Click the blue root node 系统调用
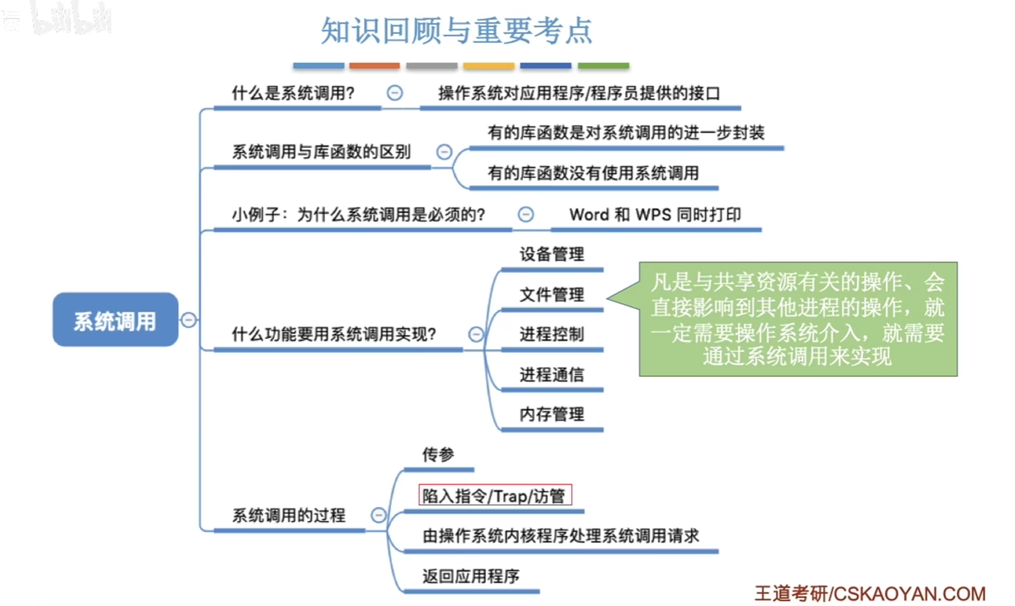[115, 320]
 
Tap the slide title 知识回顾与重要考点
[457, 30]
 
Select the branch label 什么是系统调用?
[293, 93]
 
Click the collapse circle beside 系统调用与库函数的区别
[444, 151]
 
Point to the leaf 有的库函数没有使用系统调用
[593, 173]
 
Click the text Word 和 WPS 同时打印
[655, 214]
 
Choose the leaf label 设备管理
[552, 254]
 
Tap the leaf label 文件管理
[552, 294]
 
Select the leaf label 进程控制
[552, 334]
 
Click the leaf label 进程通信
[552, 375]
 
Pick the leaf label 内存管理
[552, 414]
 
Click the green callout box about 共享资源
[798, 319]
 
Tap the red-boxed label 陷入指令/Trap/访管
[495, 495]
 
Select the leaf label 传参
[438, 454]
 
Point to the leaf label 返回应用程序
[471, 576]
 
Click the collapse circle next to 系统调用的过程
[378, 515]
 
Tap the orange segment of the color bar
[375, 66]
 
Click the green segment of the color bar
[603, 66]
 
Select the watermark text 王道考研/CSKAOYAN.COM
[870, 594]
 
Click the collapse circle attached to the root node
[188, 320]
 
